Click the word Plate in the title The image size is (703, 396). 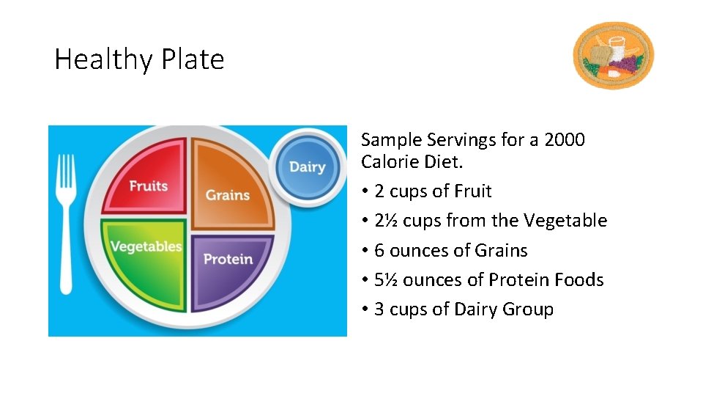tap(196, 59)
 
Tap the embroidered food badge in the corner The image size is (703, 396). tap(613, 55)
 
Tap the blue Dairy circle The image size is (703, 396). tap(307, 166)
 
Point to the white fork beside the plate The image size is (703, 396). tap(67, 220)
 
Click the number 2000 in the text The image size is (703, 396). tap(565, 139)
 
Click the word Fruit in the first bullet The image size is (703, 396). tap(472, 191)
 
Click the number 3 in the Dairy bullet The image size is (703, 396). tap(379, 309)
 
